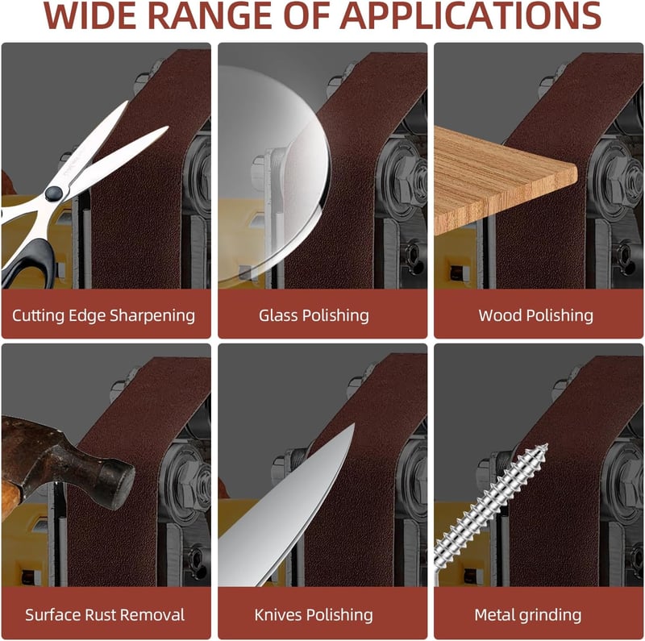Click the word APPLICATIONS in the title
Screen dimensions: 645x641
coord(471,15)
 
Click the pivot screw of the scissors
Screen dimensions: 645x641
coord(54,194)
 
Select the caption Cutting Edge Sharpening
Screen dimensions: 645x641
coord(104,315)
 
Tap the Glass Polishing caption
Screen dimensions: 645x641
coord(314,315)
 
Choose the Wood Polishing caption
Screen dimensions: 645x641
coord(535,315)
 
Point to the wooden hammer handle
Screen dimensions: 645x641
coord(9,500)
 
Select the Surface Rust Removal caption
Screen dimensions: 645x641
coord(105,615)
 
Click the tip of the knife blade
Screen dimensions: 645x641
coord(354,424)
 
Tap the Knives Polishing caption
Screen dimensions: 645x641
coord(314,615)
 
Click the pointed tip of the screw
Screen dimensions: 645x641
coord(547,445)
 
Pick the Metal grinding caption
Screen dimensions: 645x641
coord(528,615)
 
